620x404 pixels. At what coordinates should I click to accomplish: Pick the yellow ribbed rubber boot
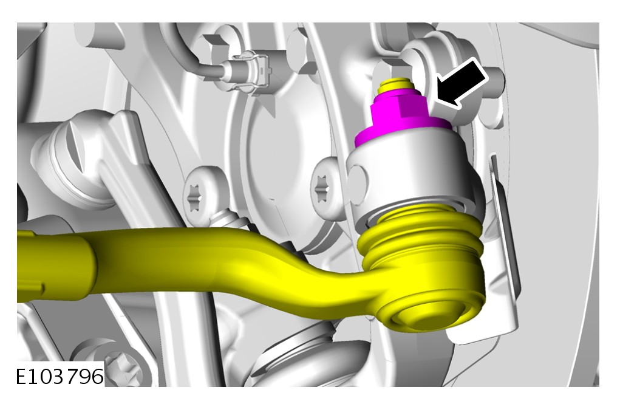(420, 238)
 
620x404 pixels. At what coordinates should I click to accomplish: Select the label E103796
(60, 376)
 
